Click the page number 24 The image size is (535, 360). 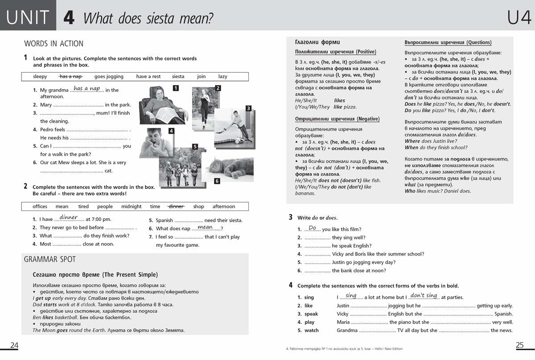pyautogui.click(x=14, y=345)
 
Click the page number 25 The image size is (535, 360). pyautogui.click(x=519, y=345)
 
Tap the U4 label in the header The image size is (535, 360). pyautogui.click(x=519, y=18)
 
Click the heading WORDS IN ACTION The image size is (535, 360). pyautogui.click(x=53, y=44)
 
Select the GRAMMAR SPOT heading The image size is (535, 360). pyautogui.click(x=49, y=259)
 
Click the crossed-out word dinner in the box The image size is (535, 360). pyautogui.click(x=176, y=207)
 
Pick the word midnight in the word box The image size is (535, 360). pyautogui.click(x=131, y=207)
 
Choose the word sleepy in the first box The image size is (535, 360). pyautogui.click(x=40, y=76)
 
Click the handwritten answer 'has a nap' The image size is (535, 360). pyautogui.click(x=86, y=88)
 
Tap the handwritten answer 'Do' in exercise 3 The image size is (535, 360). pyautogui.click(x=312, y=228)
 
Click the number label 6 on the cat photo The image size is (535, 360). pyautogui.click(x=217, y=181)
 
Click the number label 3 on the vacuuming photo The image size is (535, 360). pyautogui.click(x=248, y=108)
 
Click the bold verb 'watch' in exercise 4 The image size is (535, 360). pyautogui.click(x=312, y=331)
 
